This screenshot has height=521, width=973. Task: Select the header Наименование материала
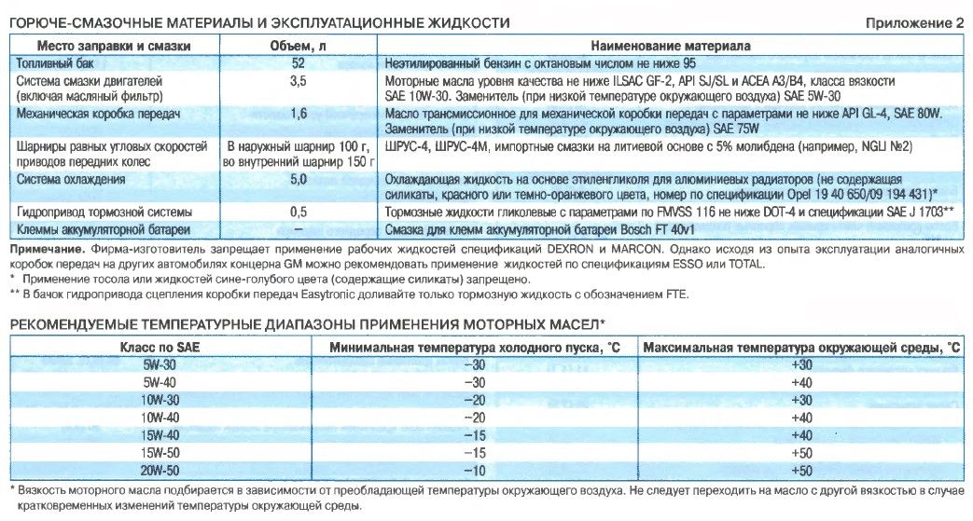point(673,45)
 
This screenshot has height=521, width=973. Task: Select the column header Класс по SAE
point(158,347)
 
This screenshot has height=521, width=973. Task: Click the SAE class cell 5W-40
point(159,382)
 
